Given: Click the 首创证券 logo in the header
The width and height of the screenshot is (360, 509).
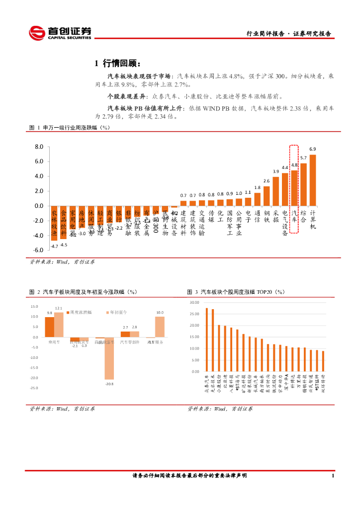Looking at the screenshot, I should click(x=60, y=33).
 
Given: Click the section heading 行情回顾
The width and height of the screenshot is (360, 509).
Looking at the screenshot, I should click(x=121, y=63).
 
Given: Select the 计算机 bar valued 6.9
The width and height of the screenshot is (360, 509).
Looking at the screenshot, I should click(x=313, y=180).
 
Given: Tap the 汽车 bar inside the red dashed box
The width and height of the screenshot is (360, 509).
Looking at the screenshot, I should click(x=294, y=188).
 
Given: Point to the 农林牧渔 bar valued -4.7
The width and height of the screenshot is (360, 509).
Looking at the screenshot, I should click(x=54, y=223).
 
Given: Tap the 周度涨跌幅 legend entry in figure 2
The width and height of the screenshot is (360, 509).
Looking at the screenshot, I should click(x=80, y=312).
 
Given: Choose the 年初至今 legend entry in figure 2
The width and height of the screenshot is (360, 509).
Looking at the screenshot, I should click(x=117, y=312).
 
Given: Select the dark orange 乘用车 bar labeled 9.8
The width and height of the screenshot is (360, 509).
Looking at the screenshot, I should click(x=49, y=327).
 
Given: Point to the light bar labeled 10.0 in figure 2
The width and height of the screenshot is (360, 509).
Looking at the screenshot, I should click(x=160, y=327).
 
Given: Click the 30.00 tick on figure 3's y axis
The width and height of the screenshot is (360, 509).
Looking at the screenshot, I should click(x=194, y=302).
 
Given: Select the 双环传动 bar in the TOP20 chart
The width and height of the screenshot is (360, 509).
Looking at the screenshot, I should click(x=323, y=361).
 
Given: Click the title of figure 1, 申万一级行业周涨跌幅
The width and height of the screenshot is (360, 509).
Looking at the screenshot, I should click(x=69, y=128).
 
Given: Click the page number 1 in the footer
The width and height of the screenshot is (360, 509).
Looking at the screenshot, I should click(x=332, y=476).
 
